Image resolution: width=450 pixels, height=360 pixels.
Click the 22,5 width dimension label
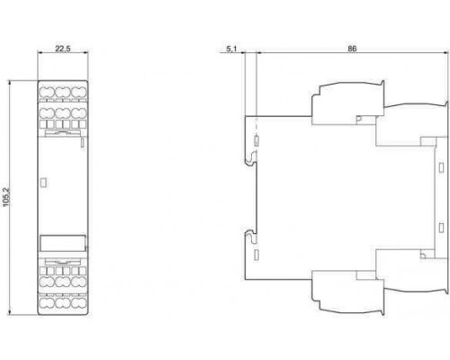[x=63, y=48]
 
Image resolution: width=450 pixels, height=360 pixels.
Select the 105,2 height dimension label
[x=6, y=197]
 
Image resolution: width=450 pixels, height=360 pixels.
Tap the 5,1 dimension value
[x=231, y=49]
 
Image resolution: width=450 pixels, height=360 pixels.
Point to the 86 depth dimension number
[x=352, y=49]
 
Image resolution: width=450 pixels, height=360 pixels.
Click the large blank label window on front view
[x=63, y=243]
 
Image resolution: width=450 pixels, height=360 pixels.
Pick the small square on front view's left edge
[x=43, y=183]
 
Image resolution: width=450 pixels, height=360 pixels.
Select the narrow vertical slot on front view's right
[x=83, y=143]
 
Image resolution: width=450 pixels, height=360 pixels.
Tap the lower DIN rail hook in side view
[x=251, y=236]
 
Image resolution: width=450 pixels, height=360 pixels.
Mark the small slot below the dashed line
[x=256, y=141]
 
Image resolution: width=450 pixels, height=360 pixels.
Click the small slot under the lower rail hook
[x=256, y=255]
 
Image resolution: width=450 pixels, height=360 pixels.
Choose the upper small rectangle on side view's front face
[x=441, y=167]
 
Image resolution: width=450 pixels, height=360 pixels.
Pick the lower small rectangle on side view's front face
[x=441, y=228]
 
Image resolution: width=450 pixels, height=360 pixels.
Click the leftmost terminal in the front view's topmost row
[x=47, y=92]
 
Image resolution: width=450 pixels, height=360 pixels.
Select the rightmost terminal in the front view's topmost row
[x=79, y=92]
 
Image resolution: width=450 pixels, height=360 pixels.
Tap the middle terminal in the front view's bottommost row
[x=63, y=302]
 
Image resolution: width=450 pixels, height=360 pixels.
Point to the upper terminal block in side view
[x=348, y=103]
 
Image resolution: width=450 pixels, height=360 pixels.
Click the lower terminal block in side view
[x=348, y=293]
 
